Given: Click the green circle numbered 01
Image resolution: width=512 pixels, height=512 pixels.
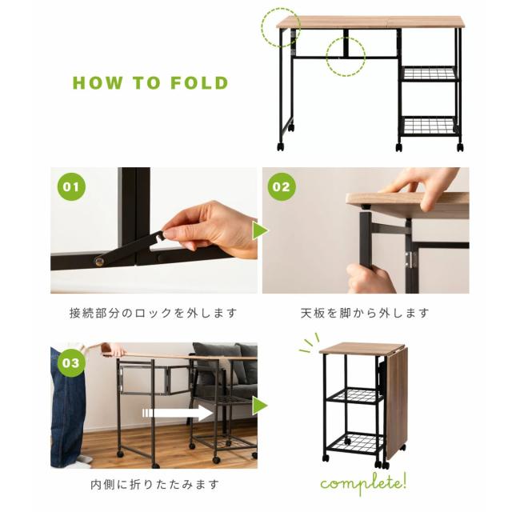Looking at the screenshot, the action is coord(71,186).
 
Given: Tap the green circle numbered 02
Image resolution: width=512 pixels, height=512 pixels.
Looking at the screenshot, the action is coord(282,186).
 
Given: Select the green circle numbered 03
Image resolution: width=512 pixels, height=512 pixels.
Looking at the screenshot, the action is coord(71,362).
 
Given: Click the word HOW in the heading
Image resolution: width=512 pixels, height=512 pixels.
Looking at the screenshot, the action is coord(98,83).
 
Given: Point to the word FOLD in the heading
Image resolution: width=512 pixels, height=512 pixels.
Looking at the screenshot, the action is coord(199,83).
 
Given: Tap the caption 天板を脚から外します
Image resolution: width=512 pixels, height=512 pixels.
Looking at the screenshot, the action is coord(365,314).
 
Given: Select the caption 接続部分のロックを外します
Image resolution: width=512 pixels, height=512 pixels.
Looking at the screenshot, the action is coord(153,314).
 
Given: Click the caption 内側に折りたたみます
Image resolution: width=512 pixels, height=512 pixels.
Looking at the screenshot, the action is coord(154,484).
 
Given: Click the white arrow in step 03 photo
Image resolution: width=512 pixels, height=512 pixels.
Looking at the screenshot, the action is coord(178,413).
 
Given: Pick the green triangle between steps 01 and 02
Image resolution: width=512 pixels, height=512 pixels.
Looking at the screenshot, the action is coord(260,230).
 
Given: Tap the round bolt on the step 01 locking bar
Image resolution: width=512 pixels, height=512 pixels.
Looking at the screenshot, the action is coord(98,261).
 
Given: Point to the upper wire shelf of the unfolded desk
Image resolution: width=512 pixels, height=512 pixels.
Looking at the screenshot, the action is coord(429,74).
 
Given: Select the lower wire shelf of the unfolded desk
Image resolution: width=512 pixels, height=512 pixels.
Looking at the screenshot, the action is coord(429,126).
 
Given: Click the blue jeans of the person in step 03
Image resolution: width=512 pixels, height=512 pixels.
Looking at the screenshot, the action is coord(67,408).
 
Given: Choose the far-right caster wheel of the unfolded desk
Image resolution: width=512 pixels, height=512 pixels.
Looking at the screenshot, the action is coord(460,147).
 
